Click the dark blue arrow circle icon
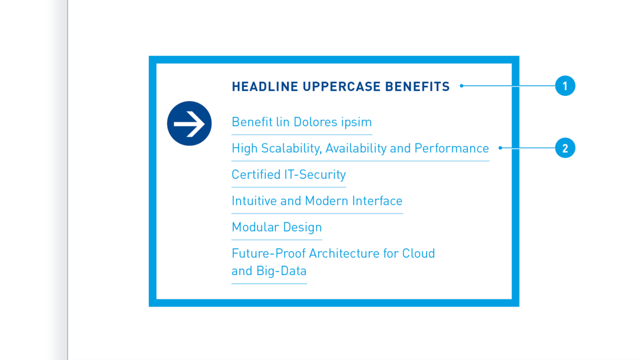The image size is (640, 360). (189, 123)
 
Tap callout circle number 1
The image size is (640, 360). (565, 86)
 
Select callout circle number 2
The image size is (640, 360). (565, 148)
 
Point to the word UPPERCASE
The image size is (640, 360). (341, 86)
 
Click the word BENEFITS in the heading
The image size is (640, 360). (418, 86)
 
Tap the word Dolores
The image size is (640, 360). (315, 122)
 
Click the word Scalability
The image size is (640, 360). (291, 149)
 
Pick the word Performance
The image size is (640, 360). (452, 148)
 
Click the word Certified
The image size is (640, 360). (256, 174)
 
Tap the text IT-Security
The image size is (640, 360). (315, 175)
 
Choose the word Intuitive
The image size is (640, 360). (254, 201)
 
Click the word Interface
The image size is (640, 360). (377, 201)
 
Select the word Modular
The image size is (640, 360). (255, 227)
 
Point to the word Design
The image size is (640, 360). (302, 228)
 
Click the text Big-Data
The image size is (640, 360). (282, 271)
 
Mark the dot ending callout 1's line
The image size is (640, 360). (461, 86)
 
